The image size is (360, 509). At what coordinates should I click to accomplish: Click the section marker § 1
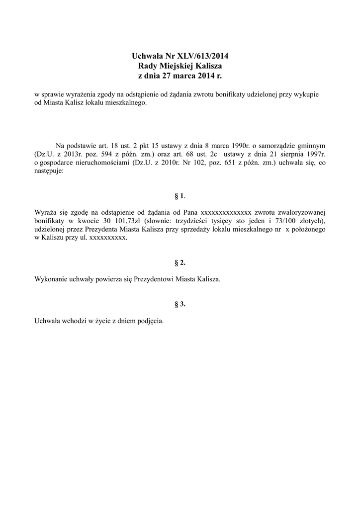click(x=180, y=196)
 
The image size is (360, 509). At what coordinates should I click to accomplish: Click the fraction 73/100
click(x=281, y=220)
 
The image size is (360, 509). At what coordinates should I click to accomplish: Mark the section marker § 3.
click(x=180, y=305)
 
